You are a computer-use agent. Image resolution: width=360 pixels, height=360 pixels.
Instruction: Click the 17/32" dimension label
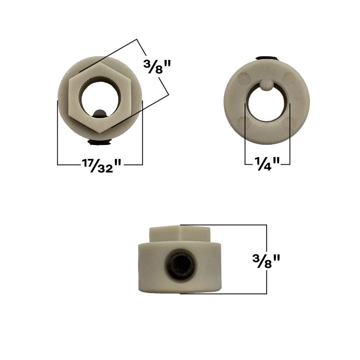tap(100, 165)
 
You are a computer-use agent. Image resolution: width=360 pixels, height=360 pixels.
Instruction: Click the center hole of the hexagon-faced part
tap(100, 96)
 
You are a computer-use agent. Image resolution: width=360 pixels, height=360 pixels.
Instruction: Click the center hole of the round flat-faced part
tap(267, 103)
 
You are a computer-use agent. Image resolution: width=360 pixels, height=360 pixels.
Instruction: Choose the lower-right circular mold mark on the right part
tap(289, 123)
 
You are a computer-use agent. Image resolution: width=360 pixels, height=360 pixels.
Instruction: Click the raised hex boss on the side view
tap(180, 232)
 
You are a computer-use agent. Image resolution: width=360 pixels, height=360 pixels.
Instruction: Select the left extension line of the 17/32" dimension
tap(57, 133)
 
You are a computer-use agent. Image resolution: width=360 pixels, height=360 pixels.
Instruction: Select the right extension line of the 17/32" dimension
tap(142, 133)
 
